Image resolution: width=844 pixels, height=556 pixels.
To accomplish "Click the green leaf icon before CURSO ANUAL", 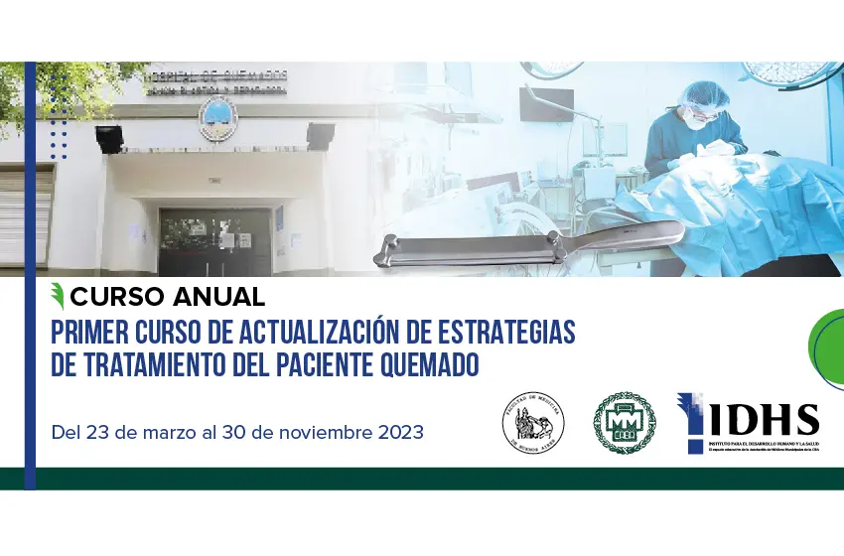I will click(60, 296).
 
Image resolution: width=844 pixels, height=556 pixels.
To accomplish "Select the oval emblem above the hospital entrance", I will click(211, 118).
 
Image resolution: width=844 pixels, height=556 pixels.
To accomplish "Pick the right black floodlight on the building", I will click(320, 134).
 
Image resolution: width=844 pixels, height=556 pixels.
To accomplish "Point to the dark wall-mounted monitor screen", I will click(547, 108).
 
